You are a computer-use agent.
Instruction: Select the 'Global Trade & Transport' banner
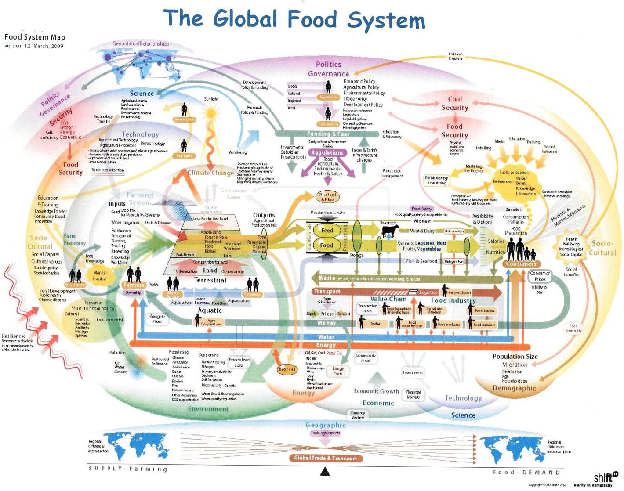coord(326,458)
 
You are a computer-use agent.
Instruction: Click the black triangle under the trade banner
coord(325,472)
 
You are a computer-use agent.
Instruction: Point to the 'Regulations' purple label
coord(327,152)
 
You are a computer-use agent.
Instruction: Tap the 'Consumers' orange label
coord(521,264)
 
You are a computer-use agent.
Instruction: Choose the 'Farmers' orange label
coord(134,285)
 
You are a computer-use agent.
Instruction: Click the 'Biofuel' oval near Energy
coord(287,369)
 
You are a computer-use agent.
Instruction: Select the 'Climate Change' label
coord(210,173)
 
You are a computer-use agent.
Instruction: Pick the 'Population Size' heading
coord(515,357)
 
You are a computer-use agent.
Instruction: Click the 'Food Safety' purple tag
coord(422,209)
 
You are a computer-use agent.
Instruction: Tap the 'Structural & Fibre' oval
coord(328,197)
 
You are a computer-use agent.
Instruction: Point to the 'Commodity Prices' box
coord(366,358)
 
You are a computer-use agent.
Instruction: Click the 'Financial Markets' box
coord(413,394)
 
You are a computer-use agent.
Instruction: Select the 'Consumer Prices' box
coord(540,276)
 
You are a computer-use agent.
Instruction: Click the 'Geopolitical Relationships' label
coord(141,44)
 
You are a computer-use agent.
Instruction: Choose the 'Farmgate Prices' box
coord(157,319)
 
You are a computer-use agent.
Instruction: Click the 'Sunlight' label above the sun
coord(211,99)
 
